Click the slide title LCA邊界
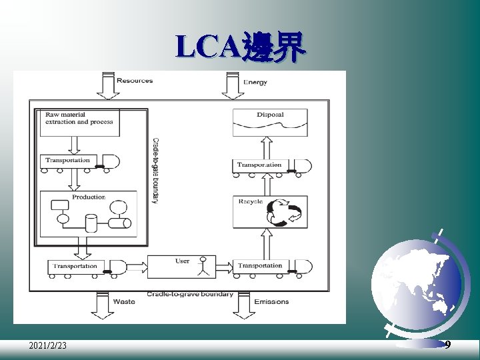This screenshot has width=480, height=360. click(x=241, y=48)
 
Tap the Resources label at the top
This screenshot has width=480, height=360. click(x=135, y=81)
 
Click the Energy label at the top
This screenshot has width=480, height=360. click(x=255, y=82)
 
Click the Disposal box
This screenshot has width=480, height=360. click(x=269, y=122)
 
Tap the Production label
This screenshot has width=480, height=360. click(x=89, y=197)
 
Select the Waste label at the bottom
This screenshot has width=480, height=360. click(x=124, y=301)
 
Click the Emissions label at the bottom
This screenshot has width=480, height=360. click(x=271, y=301)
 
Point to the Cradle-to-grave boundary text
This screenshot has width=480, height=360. click(x=190, y=294)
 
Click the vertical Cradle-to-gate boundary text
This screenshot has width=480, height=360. click(x=155, y=171)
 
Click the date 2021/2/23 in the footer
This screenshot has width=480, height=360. click(x=47, y=345)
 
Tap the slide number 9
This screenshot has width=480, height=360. click(x=447, y=345)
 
